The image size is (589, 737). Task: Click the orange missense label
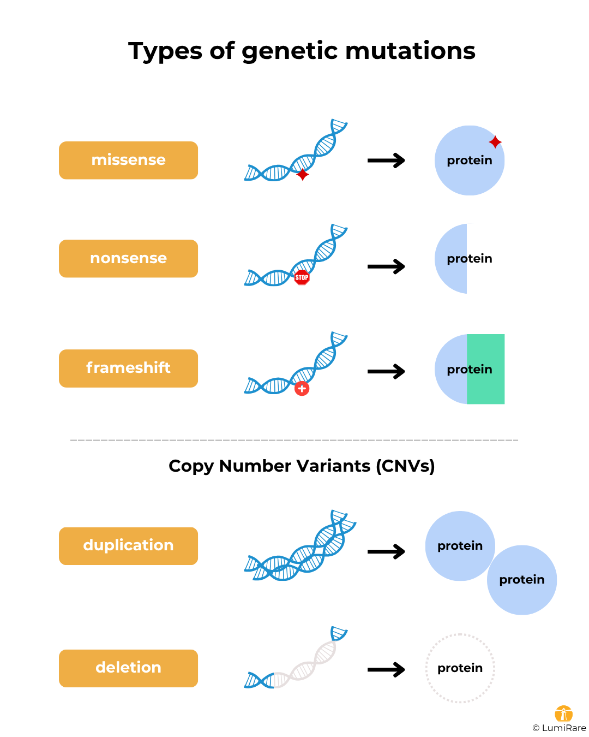point(128,160)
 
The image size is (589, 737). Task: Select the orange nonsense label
point(128,258)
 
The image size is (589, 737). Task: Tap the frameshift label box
point(128,368)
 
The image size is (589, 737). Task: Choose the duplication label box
point(128,545)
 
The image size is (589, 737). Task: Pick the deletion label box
point(128,668)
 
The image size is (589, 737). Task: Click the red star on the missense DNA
point(302,175)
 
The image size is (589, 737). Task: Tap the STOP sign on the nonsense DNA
point(302,277)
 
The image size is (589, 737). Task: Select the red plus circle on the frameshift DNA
point(302,389)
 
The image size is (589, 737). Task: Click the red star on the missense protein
point(495,142)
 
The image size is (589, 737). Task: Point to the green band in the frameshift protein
point(485,388)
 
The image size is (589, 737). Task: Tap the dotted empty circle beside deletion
point(460,668)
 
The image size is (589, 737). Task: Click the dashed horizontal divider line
point(294,440)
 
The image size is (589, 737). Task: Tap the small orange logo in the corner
point(563,714)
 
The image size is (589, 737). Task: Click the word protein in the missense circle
point(469,161)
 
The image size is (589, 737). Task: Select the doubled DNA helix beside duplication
point(300,549)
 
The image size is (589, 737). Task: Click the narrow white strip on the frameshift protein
point(512,369)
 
